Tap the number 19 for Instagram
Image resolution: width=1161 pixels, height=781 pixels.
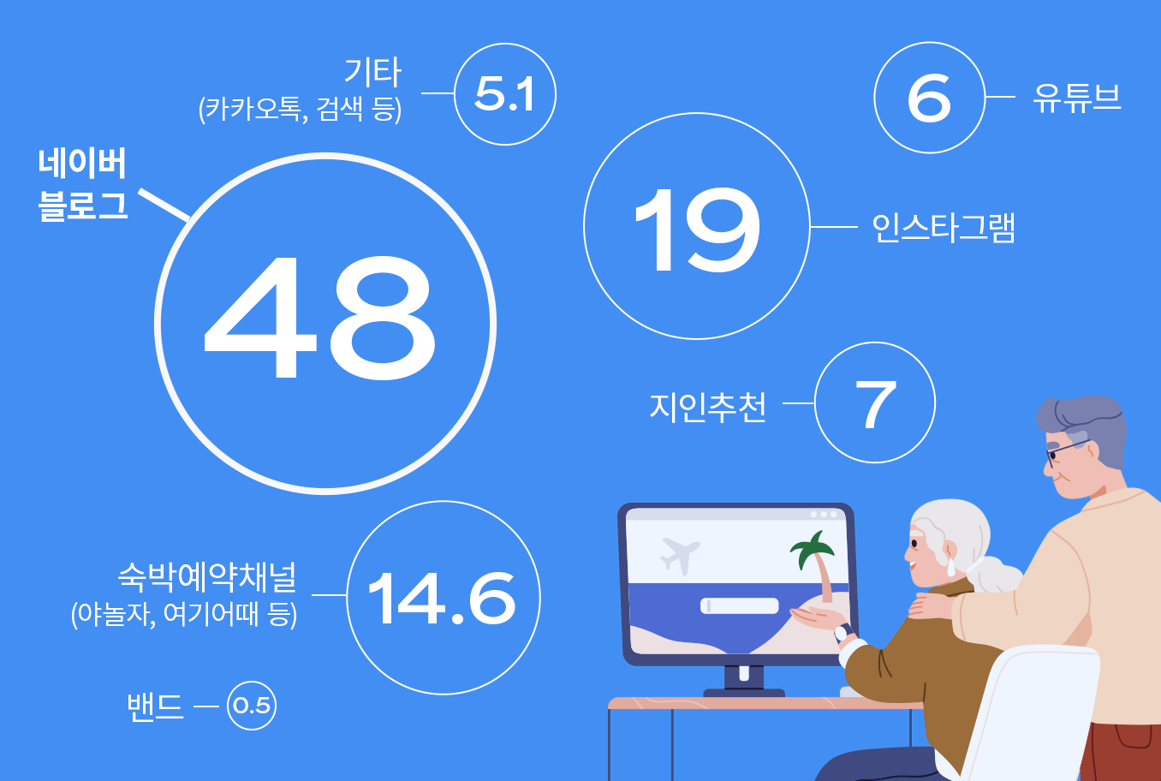pyautogui.click(x=697, y=229)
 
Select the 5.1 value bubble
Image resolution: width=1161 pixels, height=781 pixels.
pyautogui.click(x=504, y=94)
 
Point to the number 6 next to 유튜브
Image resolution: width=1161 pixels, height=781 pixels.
pyautogui.click(x=929, y=98)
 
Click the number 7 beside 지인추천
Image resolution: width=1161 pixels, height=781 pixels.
pyautogui.click(x=875, y=404)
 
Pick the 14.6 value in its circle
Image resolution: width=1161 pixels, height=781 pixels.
pyautogui.click(x=442, y=599)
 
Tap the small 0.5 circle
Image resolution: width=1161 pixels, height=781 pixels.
pyautogui.click(x=252, y=706)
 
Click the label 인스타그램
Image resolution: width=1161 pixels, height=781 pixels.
pyautogui.click(x=944, y=228)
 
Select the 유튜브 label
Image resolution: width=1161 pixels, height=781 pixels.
pyautogui.click(x=1077, y=98)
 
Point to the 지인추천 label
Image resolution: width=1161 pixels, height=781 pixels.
pyautogui.click(x=707, y=407)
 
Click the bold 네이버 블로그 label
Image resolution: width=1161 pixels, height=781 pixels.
pyautogui.click(x=82, y=184)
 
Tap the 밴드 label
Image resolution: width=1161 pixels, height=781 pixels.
pyautogui.click(x=155, y=706)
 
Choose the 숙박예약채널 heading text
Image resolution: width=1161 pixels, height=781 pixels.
pyautogui.click(x=207, y=576)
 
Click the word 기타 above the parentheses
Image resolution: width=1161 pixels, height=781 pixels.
pyautogui.click(x=372, y=72)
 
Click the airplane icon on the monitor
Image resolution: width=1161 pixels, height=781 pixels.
pyautogui.click(x=680, y=556)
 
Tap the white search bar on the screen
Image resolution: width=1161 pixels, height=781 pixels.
pyautogui.click(x=739, y=605)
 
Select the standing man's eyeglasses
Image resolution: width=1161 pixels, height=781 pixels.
pyautogui.click(x=1066, y=452)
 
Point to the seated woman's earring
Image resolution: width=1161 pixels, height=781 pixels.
pyautogui.click(x=951, y=566)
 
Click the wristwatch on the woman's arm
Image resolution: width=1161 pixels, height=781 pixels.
pyautogui.click(x=843, y=633)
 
